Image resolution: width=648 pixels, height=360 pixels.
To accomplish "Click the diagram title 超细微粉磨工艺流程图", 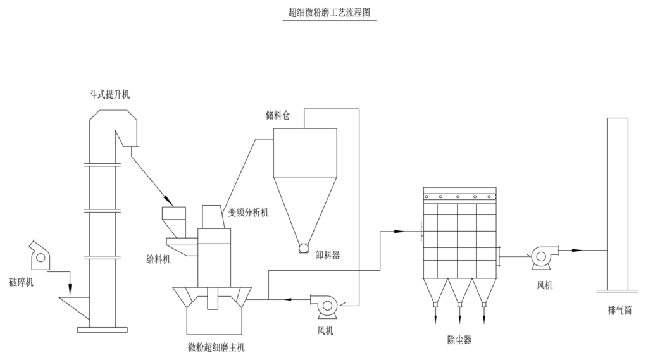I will tap(329, 13).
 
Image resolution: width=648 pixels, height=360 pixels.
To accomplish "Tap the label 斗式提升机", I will tap(109, 95).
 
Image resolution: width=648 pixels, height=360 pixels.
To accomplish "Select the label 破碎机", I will tap(22, 282).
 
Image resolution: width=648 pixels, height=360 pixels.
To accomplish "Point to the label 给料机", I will tap(157, 259).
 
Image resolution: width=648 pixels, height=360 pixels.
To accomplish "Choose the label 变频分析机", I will tap(248, 213).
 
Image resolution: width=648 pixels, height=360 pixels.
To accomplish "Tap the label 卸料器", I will tap(328, 255).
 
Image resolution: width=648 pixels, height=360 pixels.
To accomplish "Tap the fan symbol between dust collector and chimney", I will tap(542, 255).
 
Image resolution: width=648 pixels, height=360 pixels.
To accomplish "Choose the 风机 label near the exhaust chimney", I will tap(545, 285).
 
